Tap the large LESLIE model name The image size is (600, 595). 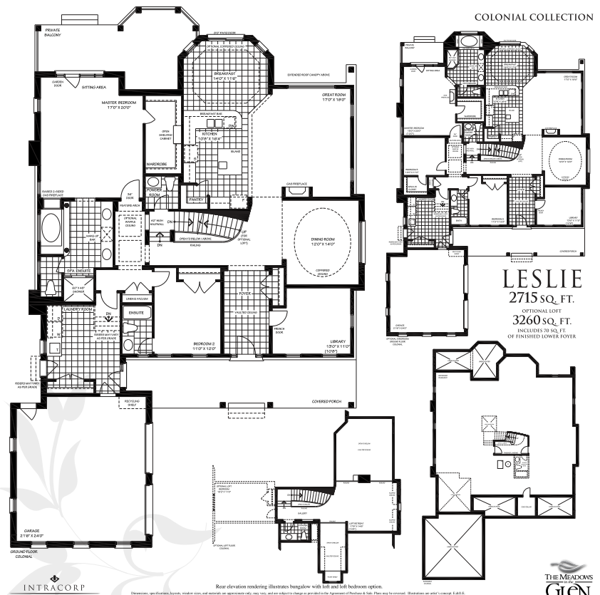pos(542,277)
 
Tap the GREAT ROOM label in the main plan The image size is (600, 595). pos(333,97)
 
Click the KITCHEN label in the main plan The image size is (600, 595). pos(209,133)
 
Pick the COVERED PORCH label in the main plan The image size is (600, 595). pos(327,402)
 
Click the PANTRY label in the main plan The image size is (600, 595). pos(196,190)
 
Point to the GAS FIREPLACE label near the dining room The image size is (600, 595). pos(296,184)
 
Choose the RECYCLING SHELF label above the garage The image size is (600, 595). pos(134,403)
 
